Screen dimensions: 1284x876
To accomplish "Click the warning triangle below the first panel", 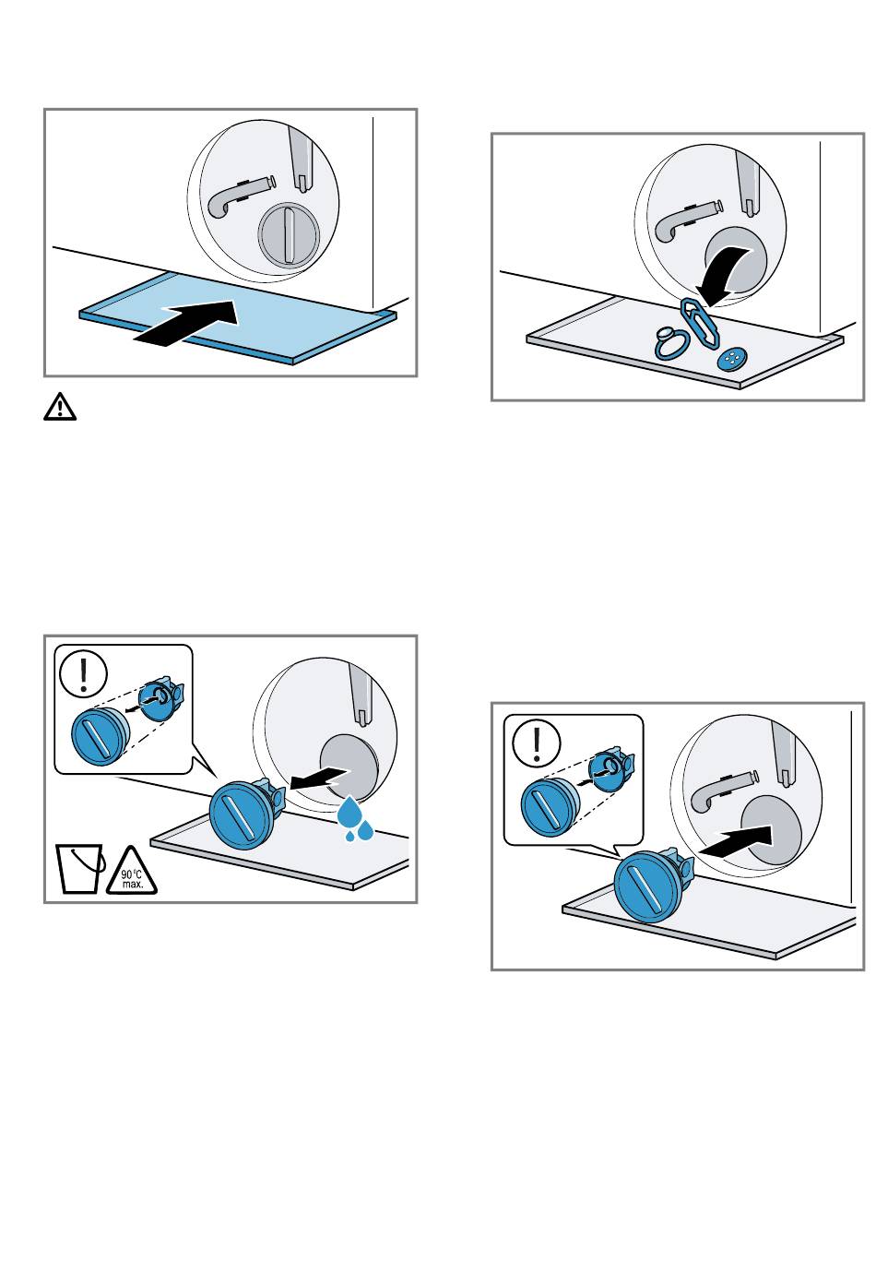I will [x=60, y=407].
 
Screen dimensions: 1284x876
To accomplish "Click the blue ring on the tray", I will [x=669, y=343].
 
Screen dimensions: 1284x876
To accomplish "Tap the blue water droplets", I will [x=355, y=820].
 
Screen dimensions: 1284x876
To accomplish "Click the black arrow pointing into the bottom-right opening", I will [x=735, y=839].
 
